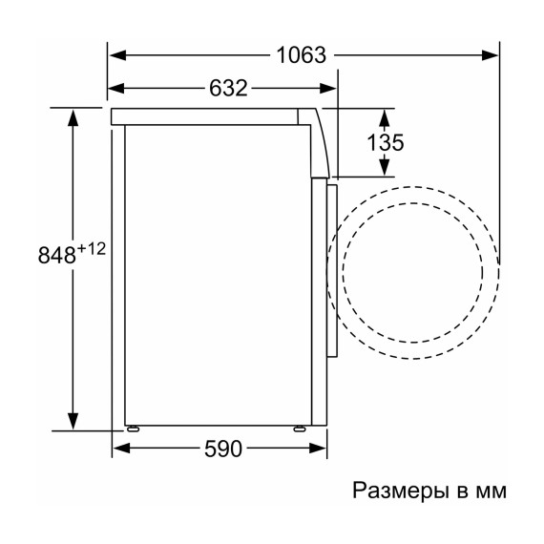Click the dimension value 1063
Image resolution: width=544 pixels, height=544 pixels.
(302, 54)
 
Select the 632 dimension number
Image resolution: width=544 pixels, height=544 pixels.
(228, 89)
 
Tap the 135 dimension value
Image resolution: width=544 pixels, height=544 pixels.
(386, 143)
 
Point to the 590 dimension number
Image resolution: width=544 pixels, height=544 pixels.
(221, 448)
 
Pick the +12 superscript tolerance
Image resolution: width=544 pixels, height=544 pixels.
(92, 248)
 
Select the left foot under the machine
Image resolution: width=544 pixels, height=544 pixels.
(132, 429)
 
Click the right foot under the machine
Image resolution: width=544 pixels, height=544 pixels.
(298, 429)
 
